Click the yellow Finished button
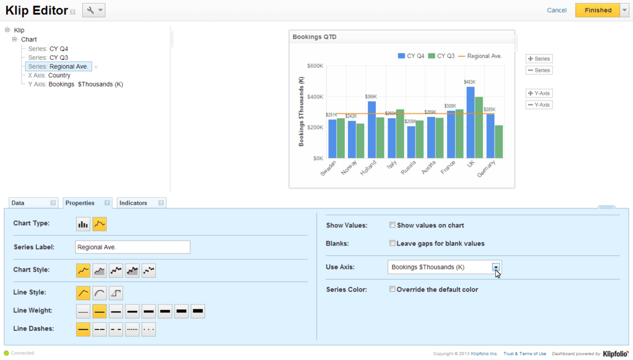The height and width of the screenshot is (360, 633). click(x=598, y=10)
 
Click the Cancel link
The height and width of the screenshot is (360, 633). click(x=557, y=10)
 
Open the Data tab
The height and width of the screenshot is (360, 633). click(x=33, y=203)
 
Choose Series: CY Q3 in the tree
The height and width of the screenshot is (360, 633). click(x=48, y=58)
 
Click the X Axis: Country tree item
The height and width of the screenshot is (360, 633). click(x=49, y=75)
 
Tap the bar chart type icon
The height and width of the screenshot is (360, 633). click(x=83, y=225)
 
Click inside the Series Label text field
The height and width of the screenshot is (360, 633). click(x=132, y=247)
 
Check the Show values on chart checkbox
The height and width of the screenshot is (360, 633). click(x=392, y=225)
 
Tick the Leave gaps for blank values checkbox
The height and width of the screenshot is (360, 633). click(x=392, y=243)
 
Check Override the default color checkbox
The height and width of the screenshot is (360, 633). click(x=392, y=289)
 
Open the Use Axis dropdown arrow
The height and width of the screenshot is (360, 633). click(x=496, y=267)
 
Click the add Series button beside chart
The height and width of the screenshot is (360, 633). click(x=539, y=59)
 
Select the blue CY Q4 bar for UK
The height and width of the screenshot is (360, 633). click(x=470, y=122)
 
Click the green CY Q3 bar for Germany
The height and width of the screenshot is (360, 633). click(x=499, y=142)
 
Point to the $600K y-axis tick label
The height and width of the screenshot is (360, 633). click(x=315, y=66)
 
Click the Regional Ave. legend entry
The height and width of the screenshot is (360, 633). click(x=480, y=56)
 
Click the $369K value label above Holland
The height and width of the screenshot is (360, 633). click(x=371, y=96)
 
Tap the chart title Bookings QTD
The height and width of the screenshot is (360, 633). click(x=315, y=36)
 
